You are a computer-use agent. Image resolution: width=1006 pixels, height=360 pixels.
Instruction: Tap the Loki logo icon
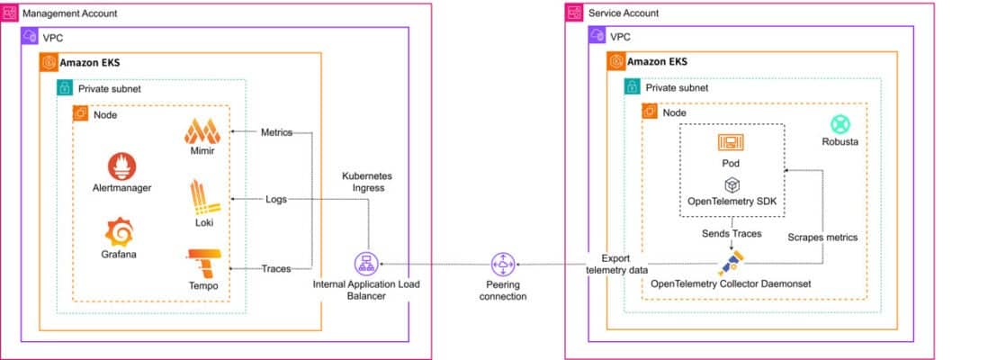point(201,196)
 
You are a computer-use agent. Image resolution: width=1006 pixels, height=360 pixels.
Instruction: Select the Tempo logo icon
point(201,264)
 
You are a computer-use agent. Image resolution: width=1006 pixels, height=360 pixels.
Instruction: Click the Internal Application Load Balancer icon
point(365,265)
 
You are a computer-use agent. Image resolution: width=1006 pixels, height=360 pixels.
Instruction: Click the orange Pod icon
point(730,142)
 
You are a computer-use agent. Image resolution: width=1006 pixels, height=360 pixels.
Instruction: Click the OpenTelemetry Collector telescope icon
point(732,263)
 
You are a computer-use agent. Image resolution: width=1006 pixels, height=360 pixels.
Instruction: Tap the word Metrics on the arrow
point(276,132)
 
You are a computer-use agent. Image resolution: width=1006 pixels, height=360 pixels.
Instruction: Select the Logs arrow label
point(276,199)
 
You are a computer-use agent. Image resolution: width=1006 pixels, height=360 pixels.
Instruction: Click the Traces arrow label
point(276,269)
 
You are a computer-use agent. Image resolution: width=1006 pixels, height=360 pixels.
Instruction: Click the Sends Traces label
point(732,234)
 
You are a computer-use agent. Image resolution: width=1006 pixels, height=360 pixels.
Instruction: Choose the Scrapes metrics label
point(822,238)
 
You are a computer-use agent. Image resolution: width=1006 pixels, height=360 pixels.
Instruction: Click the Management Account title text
point(69,13)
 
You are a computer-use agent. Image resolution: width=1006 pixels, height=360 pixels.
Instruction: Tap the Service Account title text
point(623,13)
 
